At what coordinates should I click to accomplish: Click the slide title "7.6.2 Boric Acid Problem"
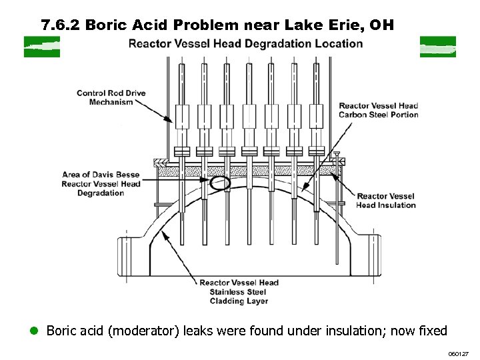(x=153, y=25)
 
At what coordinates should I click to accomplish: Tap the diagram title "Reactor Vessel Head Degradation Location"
(x=245, y=44)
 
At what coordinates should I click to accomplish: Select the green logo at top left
(x=41, y=47)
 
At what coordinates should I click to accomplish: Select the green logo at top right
(x=437, y=47)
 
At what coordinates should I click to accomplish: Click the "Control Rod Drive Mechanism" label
(x=111, y=97)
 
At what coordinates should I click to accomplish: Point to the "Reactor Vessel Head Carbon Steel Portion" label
(x=378, y=110)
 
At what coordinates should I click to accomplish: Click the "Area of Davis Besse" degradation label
(x=101, y=183)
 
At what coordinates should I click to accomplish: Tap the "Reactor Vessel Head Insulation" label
(x=385, y=201)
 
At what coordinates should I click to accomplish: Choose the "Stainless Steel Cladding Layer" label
(x=239, y=292)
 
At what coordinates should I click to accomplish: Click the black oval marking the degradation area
(x=219, y=182)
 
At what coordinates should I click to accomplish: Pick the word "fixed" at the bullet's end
(x=430, y=331)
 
